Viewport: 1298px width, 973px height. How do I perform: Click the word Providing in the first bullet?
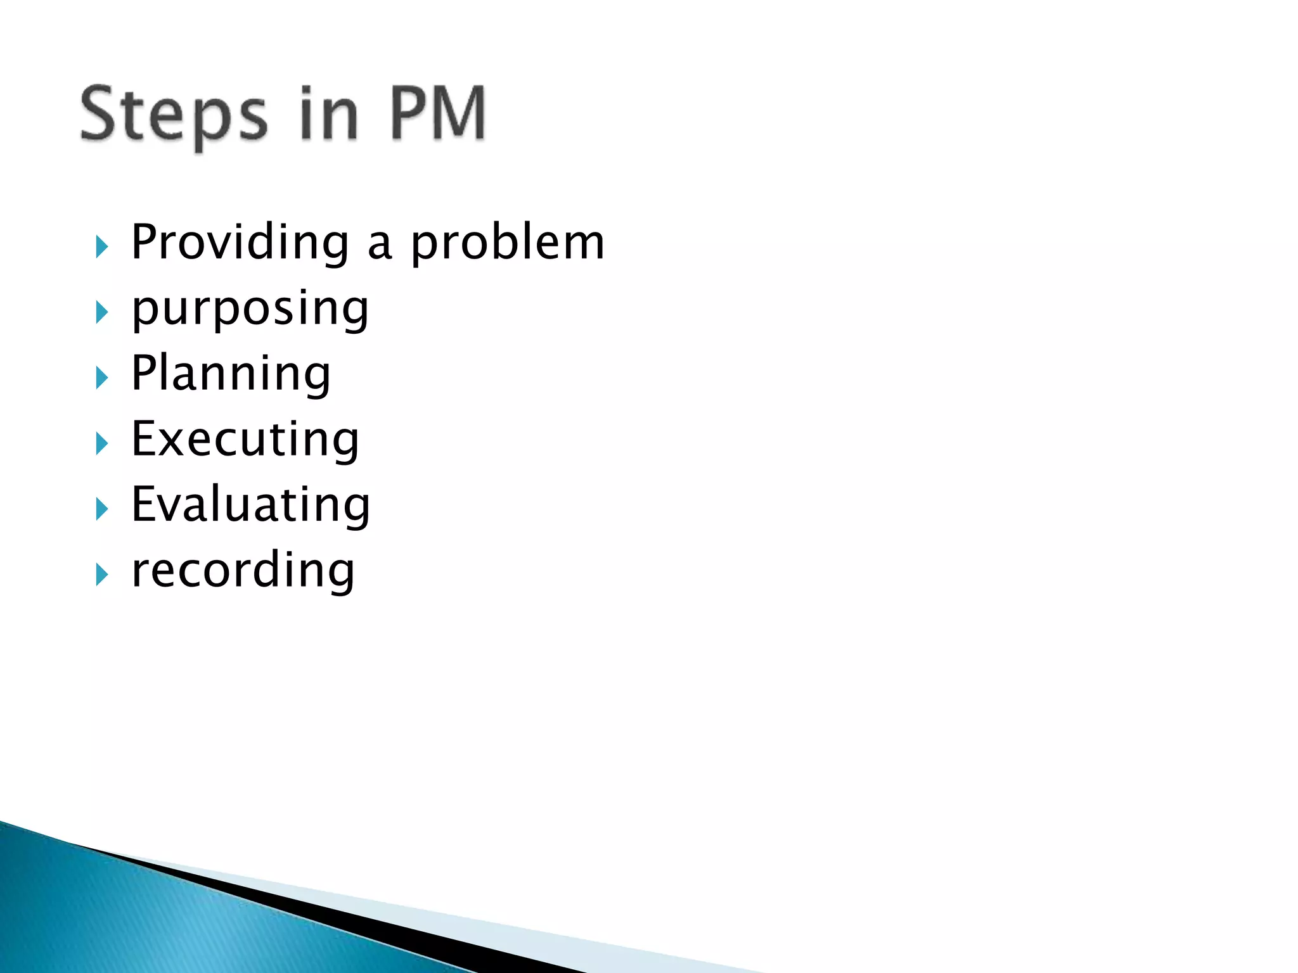tap(240, 243)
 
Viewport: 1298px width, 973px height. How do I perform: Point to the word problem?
tap(507, 243)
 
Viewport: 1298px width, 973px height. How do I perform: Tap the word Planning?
tap(231, 374)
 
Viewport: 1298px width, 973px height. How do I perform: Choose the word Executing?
tap(245, 440)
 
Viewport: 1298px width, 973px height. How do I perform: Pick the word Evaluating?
tap(250, 505)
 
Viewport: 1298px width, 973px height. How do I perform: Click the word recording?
tap(243, 571)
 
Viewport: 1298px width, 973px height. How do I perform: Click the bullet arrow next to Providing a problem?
tap(101, 246)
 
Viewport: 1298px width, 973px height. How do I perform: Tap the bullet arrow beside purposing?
tap(101, 312)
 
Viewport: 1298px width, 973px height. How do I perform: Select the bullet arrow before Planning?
tap(101, 378)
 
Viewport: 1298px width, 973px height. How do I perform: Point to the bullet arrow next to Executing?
tap(101, 443)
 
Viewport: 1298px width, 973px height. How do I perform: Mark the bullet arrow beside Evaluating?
tap(101, 509)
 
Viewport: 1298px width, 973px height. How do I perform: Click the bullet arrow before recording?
tap(101, 575)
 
